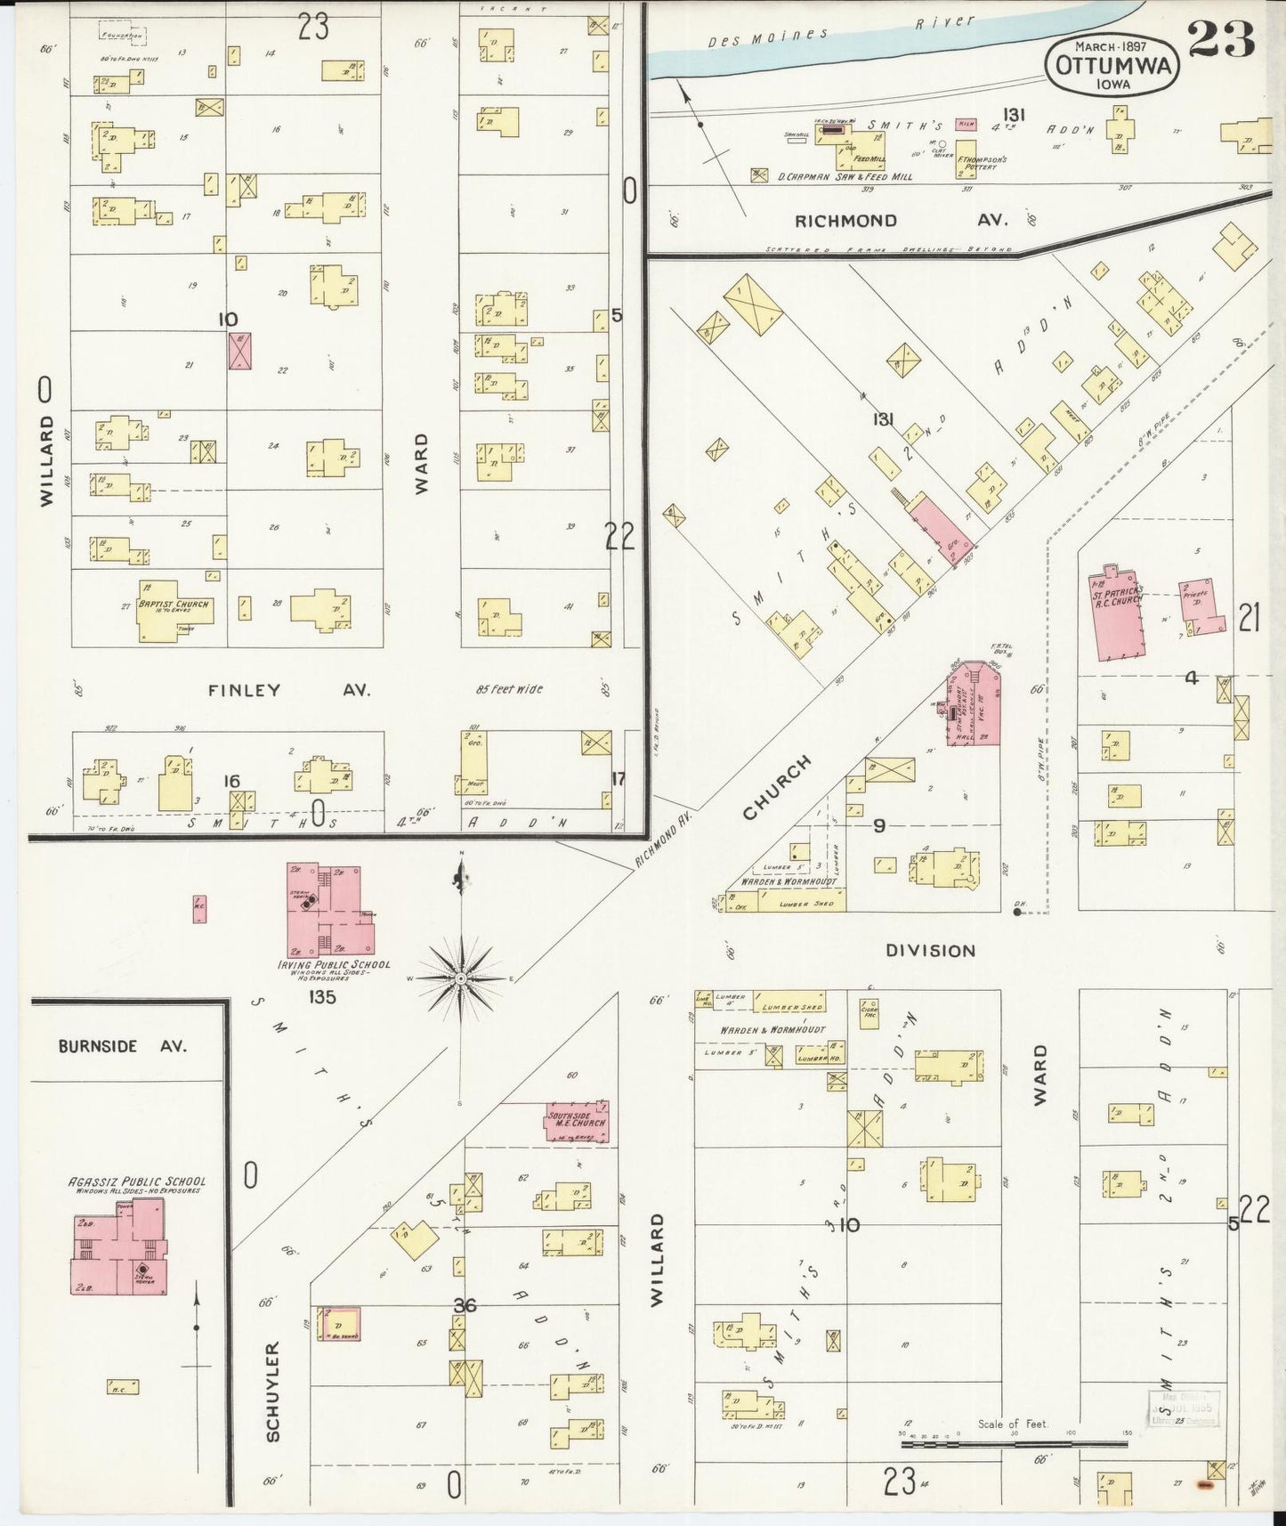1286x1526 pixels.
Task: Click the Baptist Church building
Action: (x=175, y=610)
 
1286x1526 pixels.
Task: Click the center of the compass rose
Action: (x=461, y=978)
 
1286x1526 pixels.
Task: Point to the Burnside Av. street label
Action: (x=123, y=1046)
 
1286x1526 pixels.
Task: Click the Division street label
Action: (x=930, y=951)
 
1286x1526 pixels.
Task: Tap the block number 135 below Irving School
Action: (x=321, y=997)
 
